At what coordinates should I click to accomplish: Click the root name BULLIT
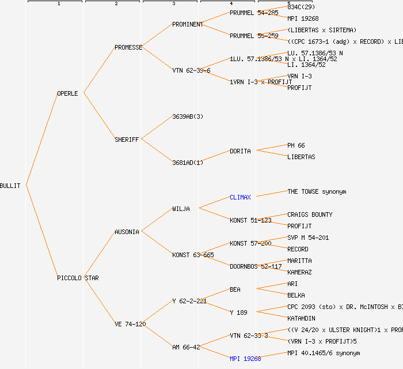tap(10, 186)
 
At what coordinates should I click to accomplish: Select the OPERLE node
tap(67, 93)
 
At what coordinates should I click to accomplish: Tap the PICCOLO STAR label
tap(78, 278)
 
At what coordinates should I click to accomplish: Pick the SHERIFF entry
tap(127, 140)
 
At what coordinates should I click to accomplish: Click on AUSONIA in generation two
tap(127, 232)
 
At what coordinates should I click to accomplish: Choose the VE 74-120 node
tap(130, 324)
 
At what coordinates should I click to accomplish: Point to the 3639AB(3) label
tap(188, 116)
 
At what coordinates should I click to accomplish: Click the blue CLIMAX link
tap(240, 197)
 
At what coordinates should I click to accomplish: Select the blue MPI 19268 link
tap(245, 359)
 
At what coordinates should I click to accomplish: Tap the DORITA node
tap(240, 151)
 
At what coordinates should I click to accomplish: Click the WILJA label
tap(181, 209)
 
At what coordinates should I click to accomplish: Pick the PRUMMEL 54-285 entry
tap(254, 13)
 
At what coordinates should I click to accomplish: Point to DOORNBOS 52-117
tap(250, 266)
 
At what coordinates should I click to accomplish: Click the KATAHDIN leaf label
tap(302, 318)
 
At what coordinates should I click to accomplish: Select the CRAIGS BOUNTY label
tap(310, 214)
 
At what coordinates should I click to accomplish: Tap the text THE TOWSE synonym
tap(317, 191)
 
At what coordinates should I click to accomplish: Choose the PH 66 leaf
tap(296, 145)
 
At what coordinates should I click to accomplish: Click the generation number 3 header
tap(173, 4)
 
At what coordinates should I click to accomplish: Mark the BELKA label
tap(296, 295)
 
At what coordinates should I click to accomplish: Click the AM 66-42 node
tap(186, 347)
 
